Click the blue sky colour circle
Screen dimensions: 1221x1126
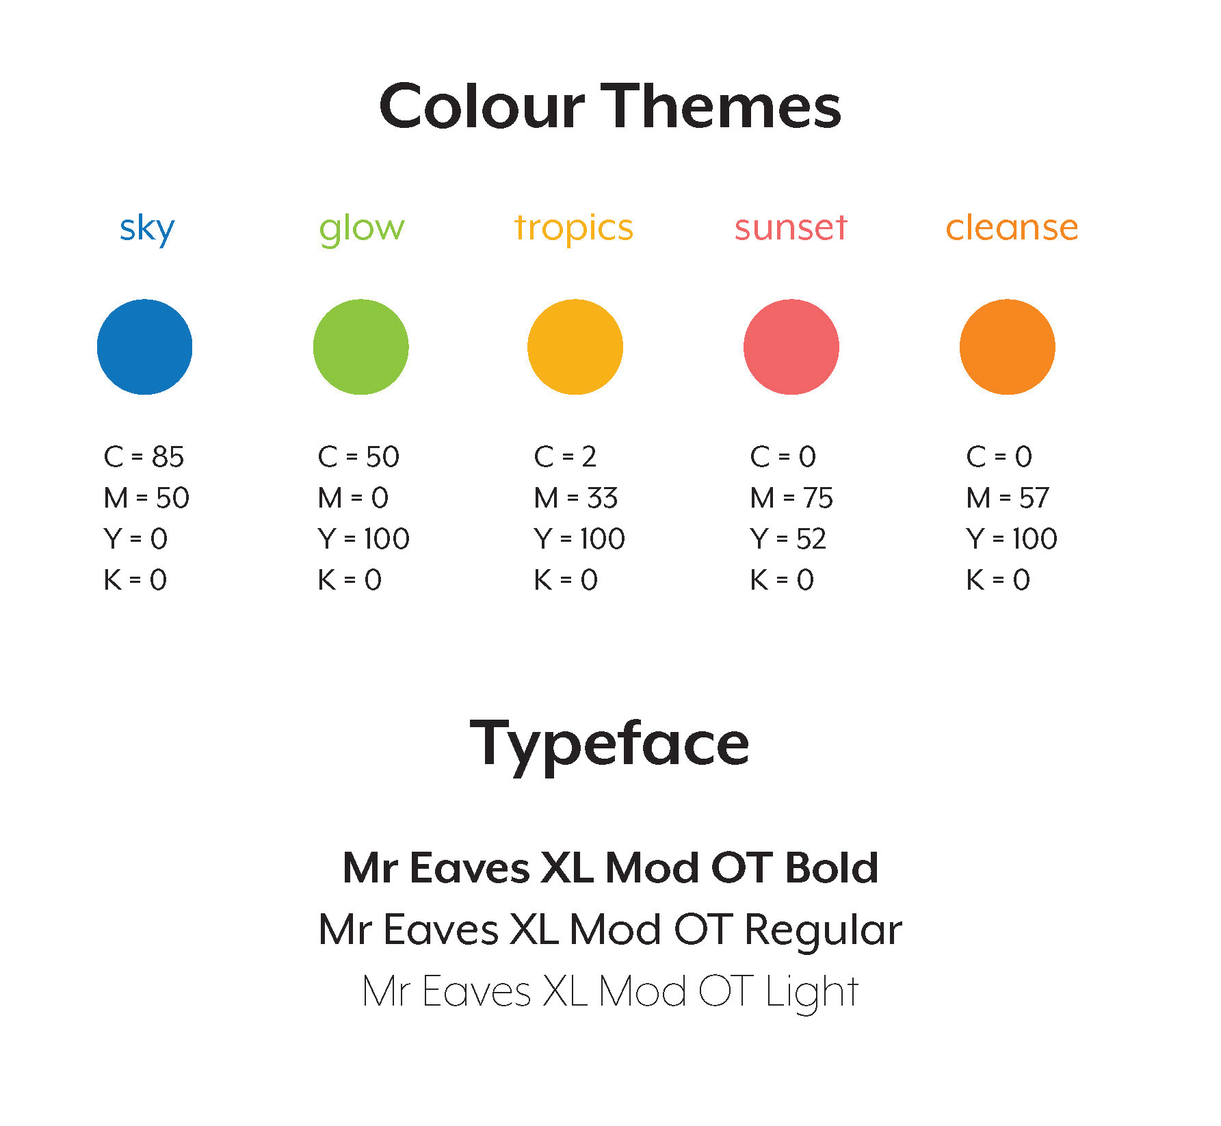pos(144,347)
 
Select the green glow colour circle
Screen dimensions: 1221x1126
pos(360,347)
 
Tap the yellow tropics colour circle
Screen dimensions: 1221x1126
pos(575,347)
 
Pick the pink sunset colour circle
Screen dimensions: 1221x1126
pos(791,347)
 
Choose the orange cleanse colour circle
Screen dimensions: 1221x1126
pos(1008,347)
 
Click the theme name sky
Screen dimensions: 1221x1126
pos(147,228)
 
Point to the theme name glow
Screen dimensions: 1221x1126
pos(362,228)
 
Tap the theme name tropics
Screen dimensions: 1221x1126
pos(573,228)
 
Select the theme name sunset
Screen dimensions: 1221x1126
pos(791,227)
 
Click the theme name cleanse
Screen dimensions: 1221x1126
pos(1012,227)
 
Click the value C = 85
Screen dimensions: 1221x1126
pos(144,456)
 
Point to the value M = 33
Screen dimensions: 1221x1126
pos(576,497)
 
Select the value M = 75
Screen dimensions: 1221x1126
pos(791,497)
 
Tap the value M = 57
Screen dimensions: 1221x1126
pos(1008,497)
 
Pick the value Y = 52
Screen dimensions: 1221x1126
pos(788,538)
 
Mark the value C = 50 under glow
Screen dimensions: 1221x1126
pos(358,456)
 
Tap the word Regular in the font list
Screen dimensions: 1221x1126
pos(823,931)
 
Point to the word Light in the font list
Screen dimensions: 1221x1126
pos(812,993)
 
